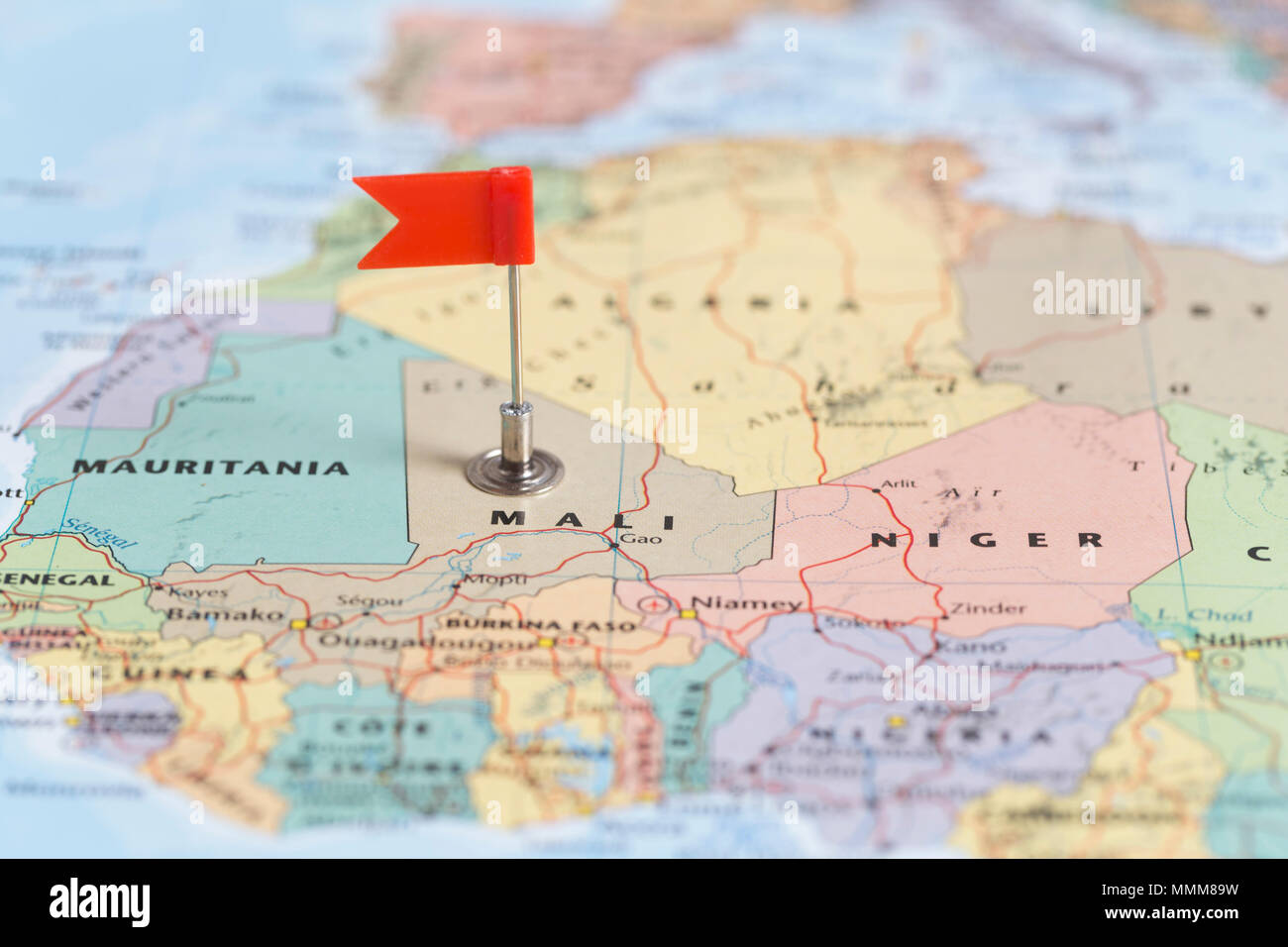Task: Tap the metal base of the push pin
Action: (514, 469)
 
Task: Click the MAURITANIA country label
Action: (212, 468)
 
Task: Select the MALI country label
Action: (584, 519)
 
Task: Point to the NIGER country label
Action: (986, 540)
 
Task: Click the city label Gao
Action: (641, 540)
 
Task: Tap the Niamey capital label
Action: (745, 603)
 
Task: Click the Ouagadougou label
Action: (426, 641)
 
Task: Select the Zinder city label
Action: (988, 608)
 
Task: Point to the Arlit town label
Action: (900, 484)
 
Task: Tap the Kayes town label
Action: (198, 592)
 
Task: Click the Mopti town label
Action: (494, 580)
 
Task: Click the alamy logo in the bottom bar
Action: (99, 901)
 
